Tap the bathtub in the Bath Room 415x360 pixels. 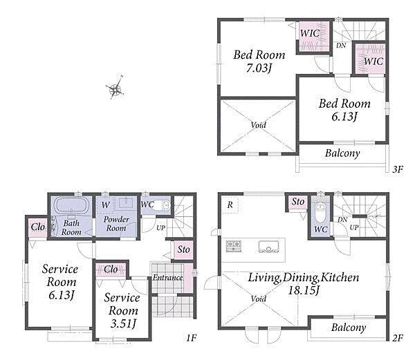coord(71,205)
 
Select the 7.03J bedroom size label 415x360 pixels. coord(259,68)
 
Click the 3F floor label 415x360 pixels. coord(398,169)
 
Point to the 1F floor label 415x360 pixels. coord(191,337)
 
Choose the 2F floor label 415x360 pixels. coord(398,337)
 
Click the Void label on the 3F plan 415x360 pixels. coord(258,124)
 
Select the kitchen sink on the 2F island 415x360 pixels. coord(268,247)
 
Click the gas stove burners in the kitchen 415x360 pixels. coord(234,246)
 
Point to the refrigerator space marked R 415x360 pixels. coord(230,205)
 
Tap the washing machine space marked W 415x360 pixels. coord(105,205)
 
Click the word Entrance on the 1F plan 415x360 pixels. coord(168,277)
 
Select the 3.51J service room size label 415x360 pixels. coord(123,323)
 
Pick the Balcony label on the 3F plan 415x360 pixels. coord(342,153)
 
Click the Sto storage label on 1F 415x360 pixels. coord(183,249)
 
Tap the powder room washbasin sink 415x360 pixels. coord(126,203)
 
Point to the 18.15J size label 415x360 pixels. coord(304,290)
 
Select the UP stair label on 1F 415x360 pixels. coord(160,227)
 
